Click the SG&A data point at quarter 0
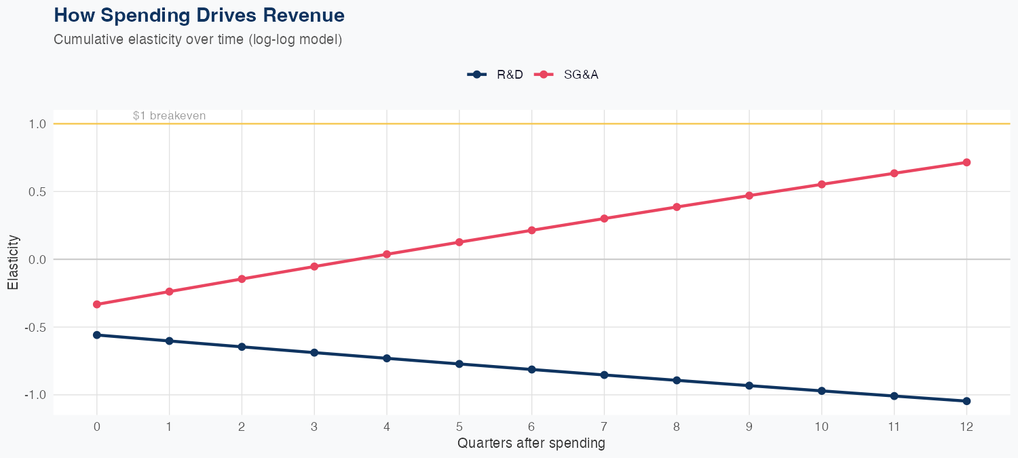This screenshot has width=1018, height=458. (x=96, y=304)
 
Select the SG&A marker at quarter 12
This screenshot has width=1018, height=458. (x=966, y=162)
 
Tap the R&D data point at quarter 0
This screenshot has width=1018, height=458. (x=96, y=335)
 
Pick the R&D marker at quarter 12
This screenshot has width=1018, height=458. (x=966, y=401)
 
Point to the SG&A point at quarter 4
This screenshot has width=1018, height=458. (x=387, y=254)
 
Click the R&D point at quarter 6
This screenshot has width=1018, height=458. (x=531, y=369)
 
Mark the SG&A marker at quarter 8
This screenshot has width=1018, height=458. (x=677, y=207)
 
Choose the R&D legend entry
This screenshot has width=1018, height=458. (x=495, y=75)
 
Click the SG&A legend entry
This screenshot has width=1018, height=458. (x=567, y=75)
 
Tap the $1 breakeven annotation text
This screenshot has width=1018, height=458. (x=169, y=116)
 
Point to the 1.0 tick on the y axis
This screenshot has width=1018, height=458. (x=37, y=124)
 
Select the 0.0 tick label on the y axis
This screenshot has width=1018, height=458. (x=37, y=259)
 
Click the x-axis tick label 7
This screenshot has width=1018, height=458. (x=604, y=427)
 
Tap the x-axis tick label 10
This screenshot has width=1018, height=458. (x=821, y=427)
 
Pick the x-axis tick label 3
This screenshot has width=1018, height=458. (x=314, y=427)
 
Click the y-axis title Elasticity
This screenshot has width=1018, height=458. (x=13, y=262)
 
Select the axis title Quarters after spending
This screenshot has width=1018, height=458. (x=531, y=444)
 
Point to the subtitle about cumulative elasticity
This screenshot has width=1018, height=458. (x=197, y=39)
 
